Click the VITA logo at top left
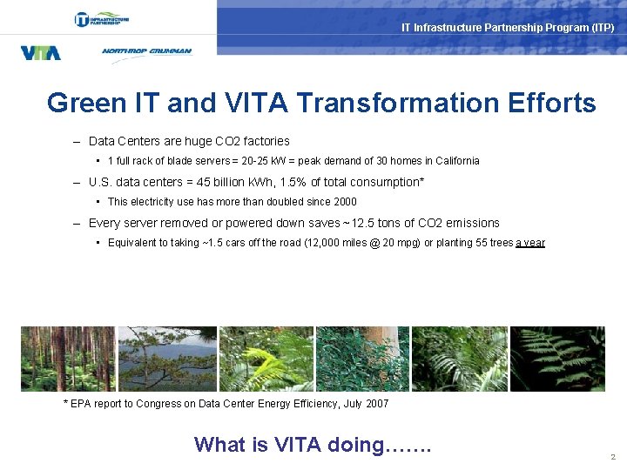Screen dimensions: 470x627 40,52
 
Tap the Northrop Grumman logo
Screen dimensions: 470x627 146,51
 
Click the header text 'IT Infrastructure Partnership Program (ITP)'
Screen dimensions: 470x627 507,28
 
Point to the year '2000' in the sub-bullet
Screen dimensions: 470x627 344,202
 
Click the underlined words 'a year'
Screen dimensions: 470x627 529,243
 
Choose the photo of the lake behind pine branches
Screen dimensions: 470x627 166,359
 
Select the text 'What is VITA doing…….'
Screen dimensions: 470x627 313,445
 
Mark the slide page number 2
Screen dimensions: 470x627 613,457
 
